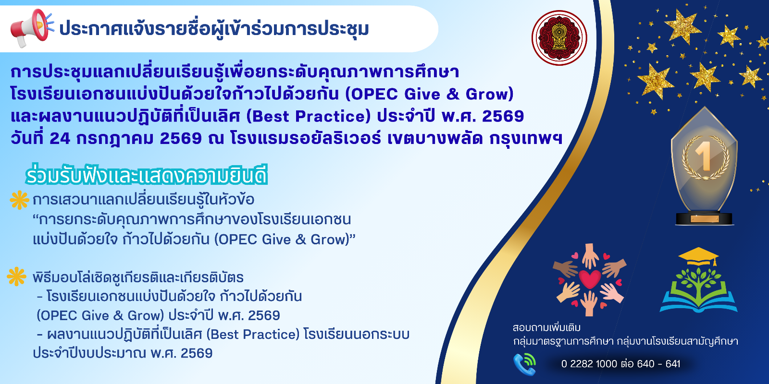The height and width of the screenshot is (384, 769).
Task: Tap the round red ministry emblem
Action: click(559, 38)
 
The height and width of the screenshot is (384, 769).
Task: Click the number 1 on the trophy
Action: click(704, 156)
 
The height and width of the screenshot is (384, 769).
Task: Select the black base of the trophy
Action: click(705, 219)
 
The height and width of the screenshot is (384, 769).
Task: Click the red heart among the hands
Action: click(590, 279)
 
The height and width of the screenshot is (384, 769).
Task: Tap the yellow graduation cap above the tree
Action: click(699, 257)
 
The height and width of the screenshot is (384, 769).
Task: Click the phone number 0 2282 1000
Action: click(589, 364)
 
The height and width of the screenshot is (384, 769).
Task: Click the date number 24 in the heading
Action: click(60, 139)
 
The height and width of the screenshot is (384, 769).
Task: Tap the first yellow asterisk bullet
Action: click(19, 200)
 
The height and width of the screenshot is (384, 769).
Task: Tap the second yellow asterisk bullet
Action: click(16, 276)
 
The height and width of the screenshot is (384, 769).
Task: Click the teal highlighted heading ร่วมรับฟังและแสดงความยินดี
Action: click(147, 176)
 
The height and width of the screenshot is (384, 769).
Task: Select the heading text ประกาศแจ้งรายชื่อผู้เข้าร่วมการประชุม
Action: click(214, 29)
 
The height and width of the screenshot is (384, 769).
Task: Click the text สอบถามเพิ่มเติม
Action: click(546, 328)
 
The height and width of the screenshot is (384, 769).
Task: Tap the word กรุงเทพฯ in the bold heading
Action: click(526, 139)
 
